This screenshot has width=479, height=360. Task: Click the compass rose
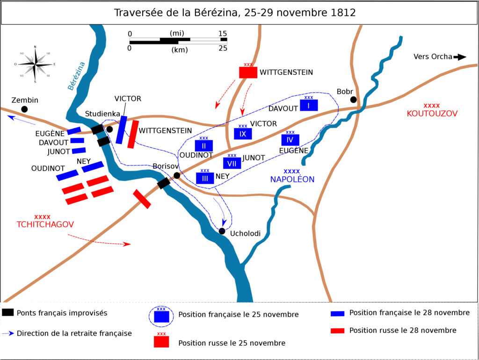click(x=35, y=64)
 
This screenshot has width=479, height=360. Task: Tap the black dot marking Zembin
click(x=24, y=109)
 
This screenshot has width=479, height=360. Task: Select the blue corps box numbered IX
click(x=243, y=134)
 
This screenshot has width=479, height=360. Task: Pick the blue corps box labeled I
click(x=309, y=105)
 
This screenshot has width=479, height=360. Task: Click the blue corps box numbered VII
click(x=232, y=163)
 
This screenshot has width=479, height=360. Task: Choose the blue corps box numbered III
click(x=205, y=178)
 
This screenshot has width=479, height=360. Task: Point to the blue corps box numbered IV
click(x=290, y=140)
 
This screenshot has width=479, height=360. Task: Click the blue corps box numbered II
click(x=204, y=146)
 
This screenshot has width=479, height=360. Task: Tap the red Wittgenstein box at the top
click(x=248, y=72)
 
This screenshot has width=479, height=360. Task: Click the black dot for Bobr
click(x=354, y=99)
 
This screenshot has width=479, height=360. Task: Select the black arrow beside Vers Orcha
click(x=461, y=57)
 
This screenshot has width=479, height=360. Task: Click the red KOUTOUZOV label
click(x=432, y=114)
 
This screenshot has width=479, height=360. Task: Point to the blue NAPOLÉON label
click(x=292, y=179)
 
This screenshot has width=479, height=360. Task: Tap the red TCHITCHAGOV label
click(x=43, y=224)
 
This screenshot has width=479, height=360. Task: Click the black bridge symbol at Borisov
click(x=164, y=183)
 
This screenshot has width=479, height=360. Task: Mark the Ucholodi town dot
click(x=222, y=230)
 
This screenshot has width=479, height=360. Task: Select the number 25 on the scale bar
click(x=223, y=48)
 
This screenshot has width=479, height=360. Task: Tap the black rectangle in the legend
click(x=8, y=313)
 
